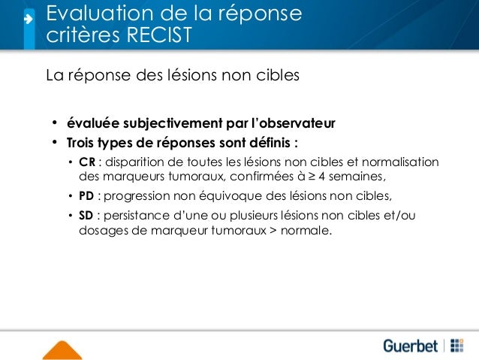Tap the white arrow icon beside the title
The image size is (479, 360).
click(x=27, y=19)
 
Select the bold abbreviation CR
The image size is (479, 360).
click(x=87, y=163)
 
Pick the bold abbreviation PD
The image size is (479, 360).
click(x=87, y=197)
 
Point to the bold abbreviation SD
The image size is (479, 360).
click(x=86, y=216)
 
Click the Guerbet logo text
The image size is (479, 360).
click(x=411, y=346)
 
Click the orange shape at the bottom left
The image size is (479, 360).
click(x=62, y=350)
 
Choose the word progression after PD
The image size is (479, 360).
click(x=139, y=197)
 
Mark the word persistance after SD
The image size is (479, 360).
click(x=138, y=216)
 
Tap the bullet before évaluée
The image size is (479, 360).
click(x=54, y=123)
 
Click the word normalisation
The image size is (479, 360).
click(x=400, y=163)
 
